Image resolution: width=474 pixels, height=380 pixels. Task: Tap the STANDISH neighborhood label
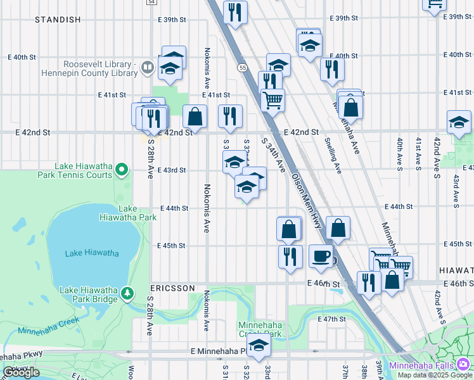tap(58, 20)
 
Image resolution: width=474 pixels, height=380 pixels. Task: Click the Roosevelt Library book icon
tap(147, 66)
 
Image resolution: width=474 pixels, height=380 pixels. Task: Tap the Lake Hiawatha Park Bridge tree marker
tap(128, 293)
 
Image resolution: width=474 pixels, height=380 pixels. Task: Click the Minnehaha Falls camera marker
tap(464, 365)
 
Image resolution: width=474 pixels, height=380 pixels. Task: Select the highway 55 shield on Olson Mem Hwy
tap(243, 67)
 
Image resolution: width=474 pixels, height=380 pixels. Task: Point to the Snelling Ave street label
tap(333, 156)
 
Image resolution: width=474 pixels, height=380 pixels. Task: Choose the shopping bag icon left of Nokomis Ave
tap(195, 116)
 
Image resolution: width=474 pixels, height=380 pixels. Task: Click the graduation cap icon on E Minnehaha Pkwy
tap(258, 346)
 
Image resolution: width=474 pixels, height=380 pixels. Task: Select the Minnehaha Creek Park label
tap(259, 329)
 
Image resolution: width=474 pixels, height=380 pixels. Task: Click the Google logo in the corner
tap(22, 372)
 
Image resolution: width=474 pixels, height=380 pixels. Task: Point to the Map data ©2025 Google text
tap(435, 375)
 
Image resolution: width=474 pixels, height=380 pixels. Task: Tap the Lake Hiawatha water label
tap(92, 253)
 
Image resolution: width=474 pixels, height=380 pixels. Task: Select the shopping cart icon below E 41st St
tap(272, 99)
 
